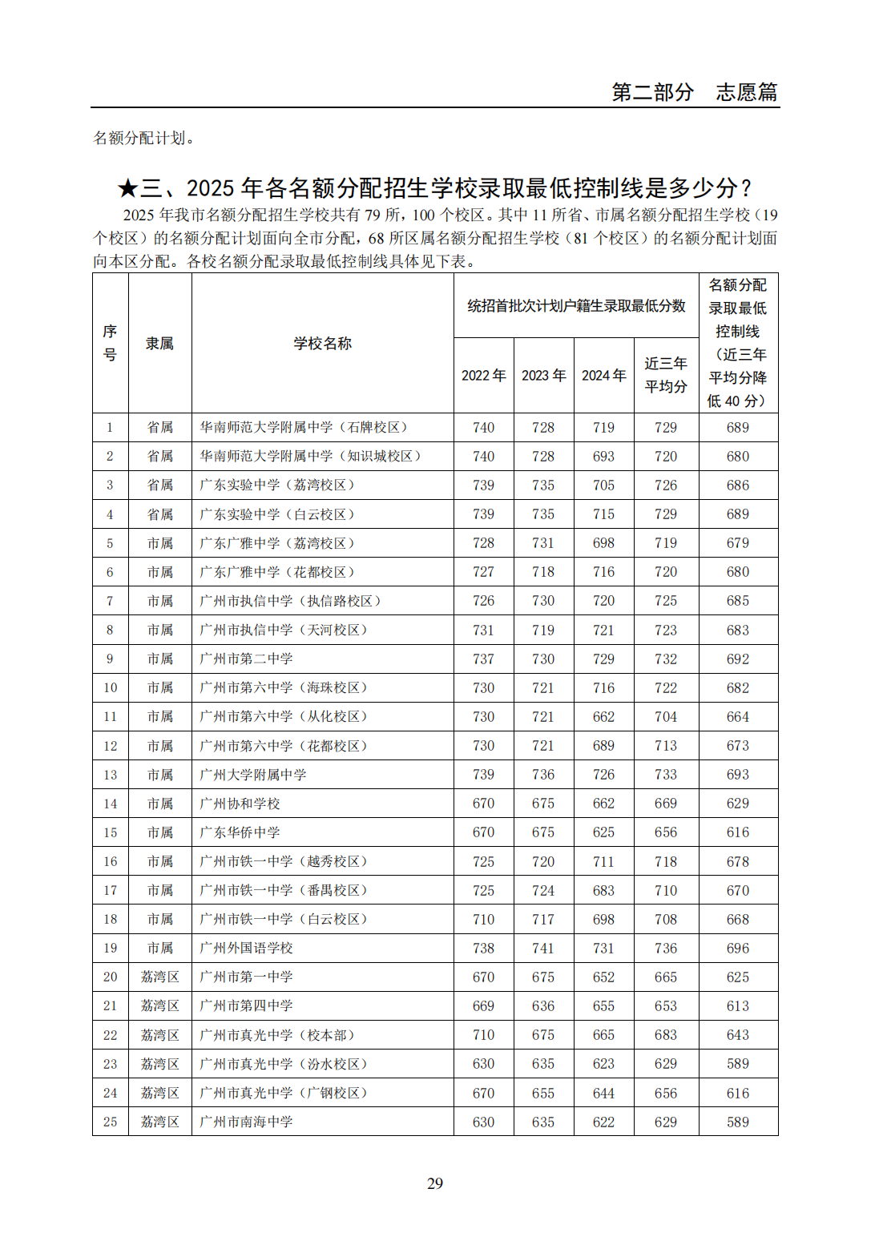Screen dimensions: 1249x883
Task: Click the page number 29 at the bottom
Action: [x=435, y=1183]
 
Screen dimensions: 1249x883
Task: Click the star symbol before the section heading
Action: [x=127, y=188]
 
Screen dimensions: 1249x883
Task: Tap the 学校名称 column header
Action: [x=322, y=343]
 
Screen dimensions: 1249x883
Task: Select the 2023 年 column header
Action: [x=543, y=375]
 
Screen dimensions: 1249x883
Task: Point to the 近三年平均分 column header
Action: [x=666, y=375]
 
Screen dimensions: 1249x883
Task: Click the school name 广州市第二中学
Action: [x=247, y=659]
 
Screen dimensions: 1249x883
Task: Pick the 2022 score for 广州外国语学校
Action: [x=483, y=948]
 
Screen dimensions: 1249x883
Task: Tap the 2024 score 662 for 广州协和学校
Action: [x=603, y=803]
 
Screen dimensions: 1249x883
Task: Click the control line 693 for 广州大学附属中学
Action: [x=737, y=774]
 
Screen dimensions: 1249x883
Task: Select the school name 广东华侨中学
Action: [x=240, y=832]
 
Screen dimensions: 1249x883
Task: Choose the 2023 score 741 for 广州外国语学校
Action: [x=543, y=948]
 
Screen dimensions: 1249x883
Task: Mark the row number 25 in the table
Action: [x=110, y=1122]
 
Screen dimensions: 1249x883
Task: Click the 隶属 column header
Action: [x=159, y=343]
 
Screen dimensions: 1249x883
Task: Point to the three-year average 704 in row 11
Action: [x=666, y=716]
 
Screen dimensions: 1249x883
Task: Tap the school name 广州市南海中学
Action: [x=247, y=1122]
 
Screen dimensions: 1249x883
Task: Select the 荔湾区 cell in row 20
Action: [x=159, y=977]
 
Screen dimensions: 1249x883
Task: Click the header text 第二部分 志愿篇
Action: [x=694, y=92]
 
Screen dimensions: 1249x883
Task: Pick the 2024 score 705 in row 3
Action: [x=603, y=485]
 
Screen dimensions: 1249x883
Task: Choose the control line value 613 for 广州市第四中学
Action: [x=737, y=1005]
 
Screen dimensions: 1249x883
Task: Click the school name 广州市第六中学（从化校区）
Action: [x=284, y=716]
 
